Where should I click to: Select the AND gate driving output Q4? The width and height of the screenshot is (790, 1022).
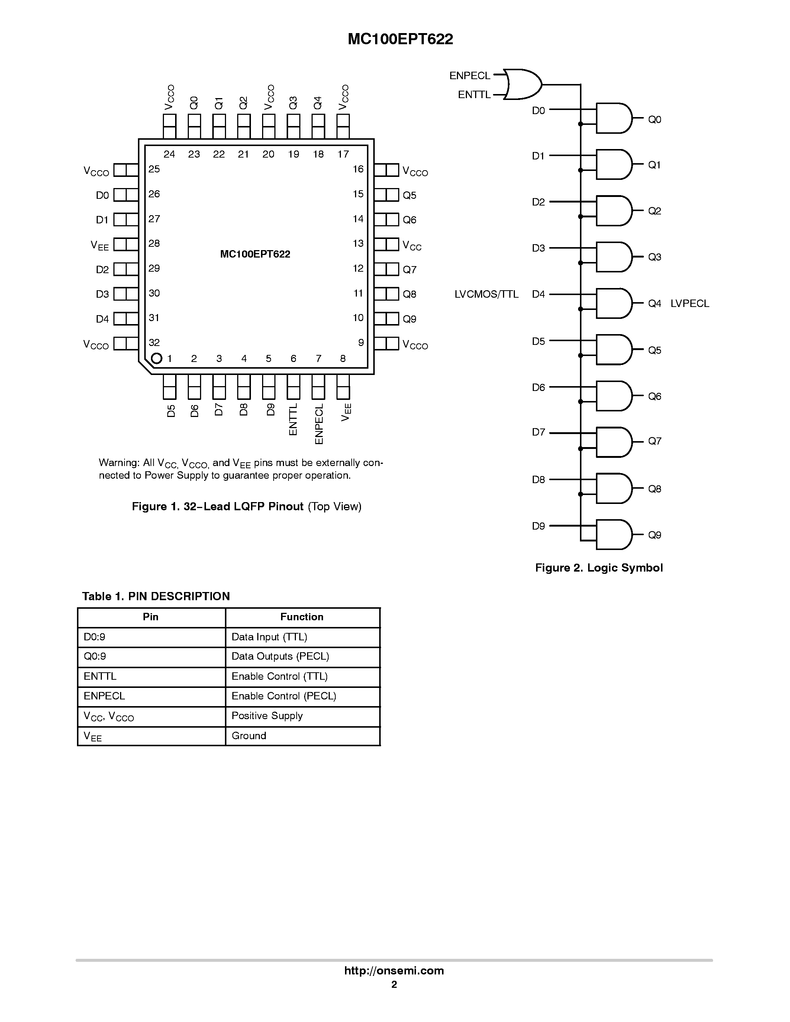pyautogui.click(x=613, y=303)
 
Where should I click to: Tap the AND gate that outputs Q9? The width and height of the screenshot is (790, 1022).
pyautogui.click(x=613, y=534)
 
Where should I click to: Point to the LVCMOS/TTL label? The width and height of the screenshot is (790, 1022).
pyautogui.click(x=486, y=294)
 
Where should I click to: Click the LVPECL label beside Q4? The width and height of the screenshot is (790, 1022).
pyautogui.click(x=689, y=303)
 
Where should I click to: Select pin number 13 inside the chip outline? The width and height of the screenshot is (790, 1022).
pyautogui.click(x=358, y=243)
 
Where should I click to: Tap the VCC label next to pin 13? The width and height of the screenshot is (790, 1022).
pyautogui.click(x=412, y=245)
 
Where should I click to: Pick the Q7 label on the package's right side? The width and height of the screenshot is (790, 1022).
pyautogui.click(x=410, y=269)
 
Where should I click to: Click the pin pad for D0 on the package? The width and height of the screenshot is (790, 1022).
pyautogui.click(x=126, y=195)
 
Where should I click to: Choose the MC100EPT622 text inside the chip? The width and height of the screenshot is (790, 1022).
pyautogui.click(x=255, y=254)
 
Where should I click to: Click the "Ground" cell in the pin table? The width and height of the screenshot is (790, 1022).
pyautogui.click(x=249, y=735)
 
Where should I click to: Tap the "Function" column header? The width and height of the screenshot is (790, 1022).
pyautogui.click(x=302, y=617)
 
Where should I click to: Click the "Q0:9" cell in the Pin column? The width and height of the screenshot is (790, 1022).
pyautogui.click(x=95, y=656)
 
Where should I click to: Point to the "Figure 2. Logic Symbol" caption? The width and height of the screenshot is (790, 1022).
pyautogui.click(x=599, y=567)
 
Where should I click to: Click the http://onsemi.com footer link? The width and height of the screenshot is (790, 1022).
pyautogui.click(x=394, y=970)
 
